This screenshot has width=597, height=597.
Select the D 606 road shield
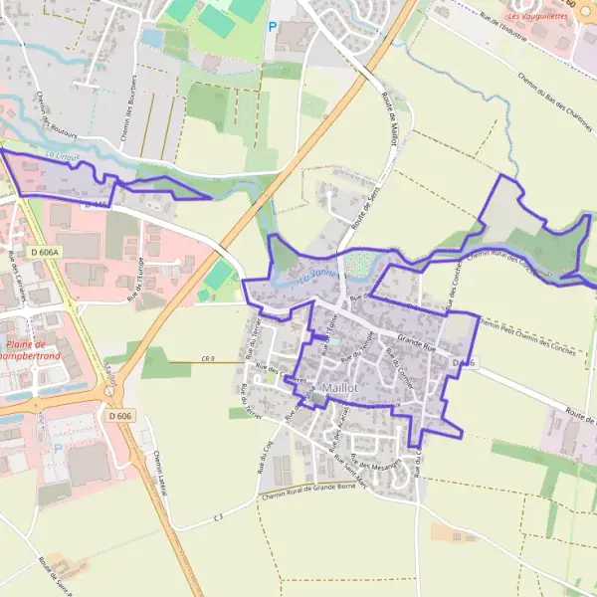119,415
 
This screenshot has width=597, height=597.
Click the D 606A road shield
46,254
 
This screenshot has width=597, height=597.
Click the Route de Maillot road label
389,120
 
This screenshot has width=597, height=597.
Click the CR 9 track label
208,358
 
